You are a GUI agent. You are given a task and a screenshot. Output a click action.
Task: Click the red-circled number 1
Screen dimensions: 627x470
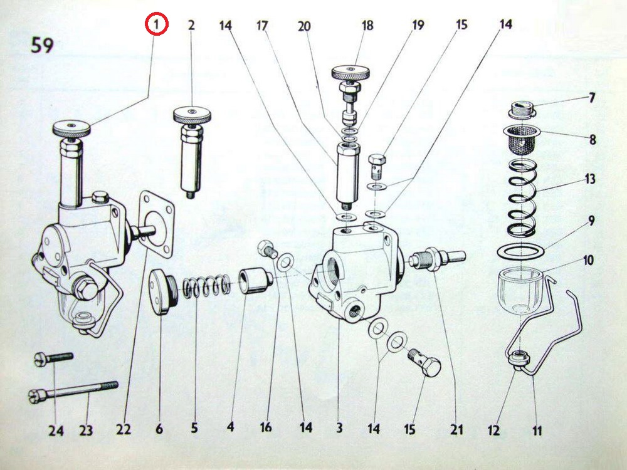[x=157, y=24]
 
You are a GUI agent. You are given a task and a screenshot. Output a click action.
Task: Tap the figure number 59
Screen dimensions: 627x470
[x=43, y=45]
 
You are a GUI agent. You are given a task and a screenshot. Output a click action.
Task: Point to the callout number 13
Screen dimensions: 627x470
[x=589, y=179]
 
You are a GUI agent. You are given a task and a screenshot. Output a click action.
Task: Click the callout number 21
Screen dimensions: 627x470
[x=456, y=429]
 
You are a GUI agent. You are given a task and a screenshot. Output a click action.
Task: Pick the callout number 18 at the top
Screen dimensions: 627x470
[x=367, y=26]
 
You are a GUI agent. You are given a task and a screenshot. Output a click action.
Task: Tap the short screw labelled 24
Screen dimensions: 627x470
[x=53, y=358]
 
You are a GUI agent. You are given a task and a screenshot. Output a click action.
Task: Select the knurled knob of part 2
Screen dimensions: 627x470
[x=192, y=115]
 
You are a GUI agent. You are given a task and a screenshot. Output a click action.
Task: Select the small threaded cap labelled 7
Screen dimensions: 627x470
[x=522, y=110]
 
